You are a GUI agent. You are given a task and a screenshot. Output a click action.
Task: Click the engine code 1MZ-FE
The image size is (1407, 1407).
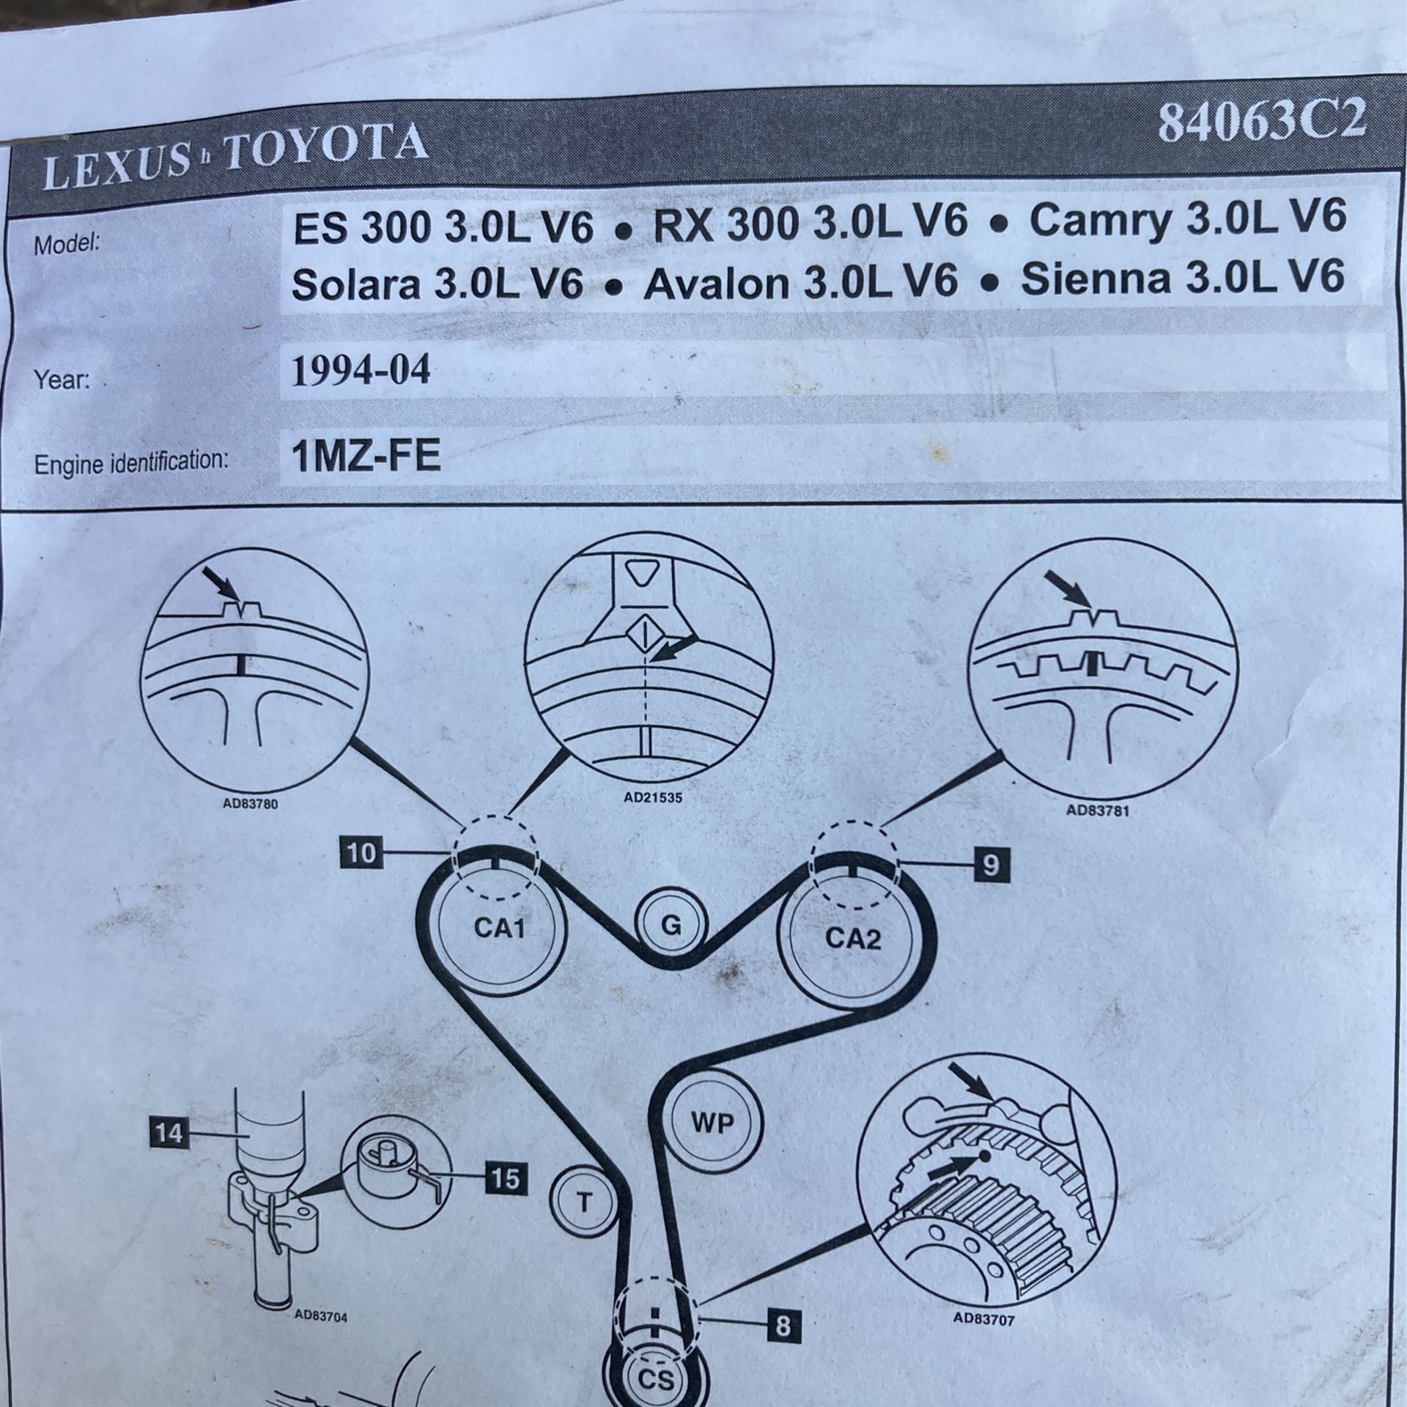(x=366, y=457)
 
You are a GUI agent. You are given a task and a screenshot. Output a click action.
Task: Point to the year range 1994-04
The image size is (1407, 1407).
(x=361, y=372)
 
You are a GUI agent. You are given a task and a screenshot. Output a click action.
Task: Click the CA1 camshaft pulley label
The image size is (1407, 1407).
(x=499, y=929)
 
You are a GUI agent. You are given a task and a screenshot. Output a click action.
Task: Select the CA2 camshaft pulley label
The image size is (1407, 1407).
(x=852, y=937)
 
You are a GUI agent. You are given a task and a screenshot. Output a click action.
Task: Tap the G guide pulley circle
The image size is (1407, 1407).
(x=671, y=926)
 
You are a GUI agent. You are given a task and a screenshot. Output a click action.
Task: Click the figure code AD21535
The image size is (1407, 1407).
(x=653, y=797)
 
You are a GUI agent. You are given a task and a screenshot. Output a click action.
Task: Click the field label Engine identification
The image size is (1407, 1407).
(x=132, y=462)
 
